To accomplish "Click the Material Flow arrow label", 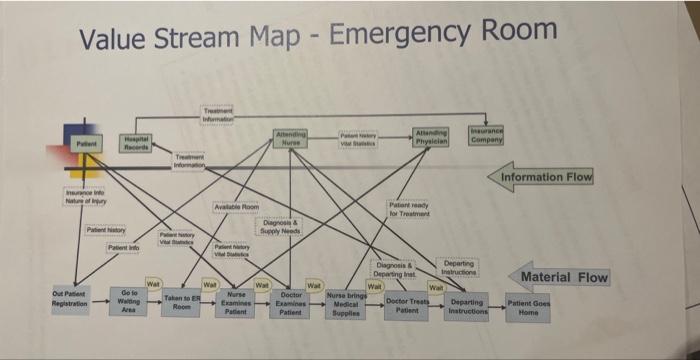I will (559, 277).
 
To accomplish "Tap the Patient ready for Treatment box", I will (409, 209).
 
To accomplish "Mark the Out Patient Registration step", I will (71, 297).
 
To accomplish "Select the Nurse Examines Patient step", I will (236, 303).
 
